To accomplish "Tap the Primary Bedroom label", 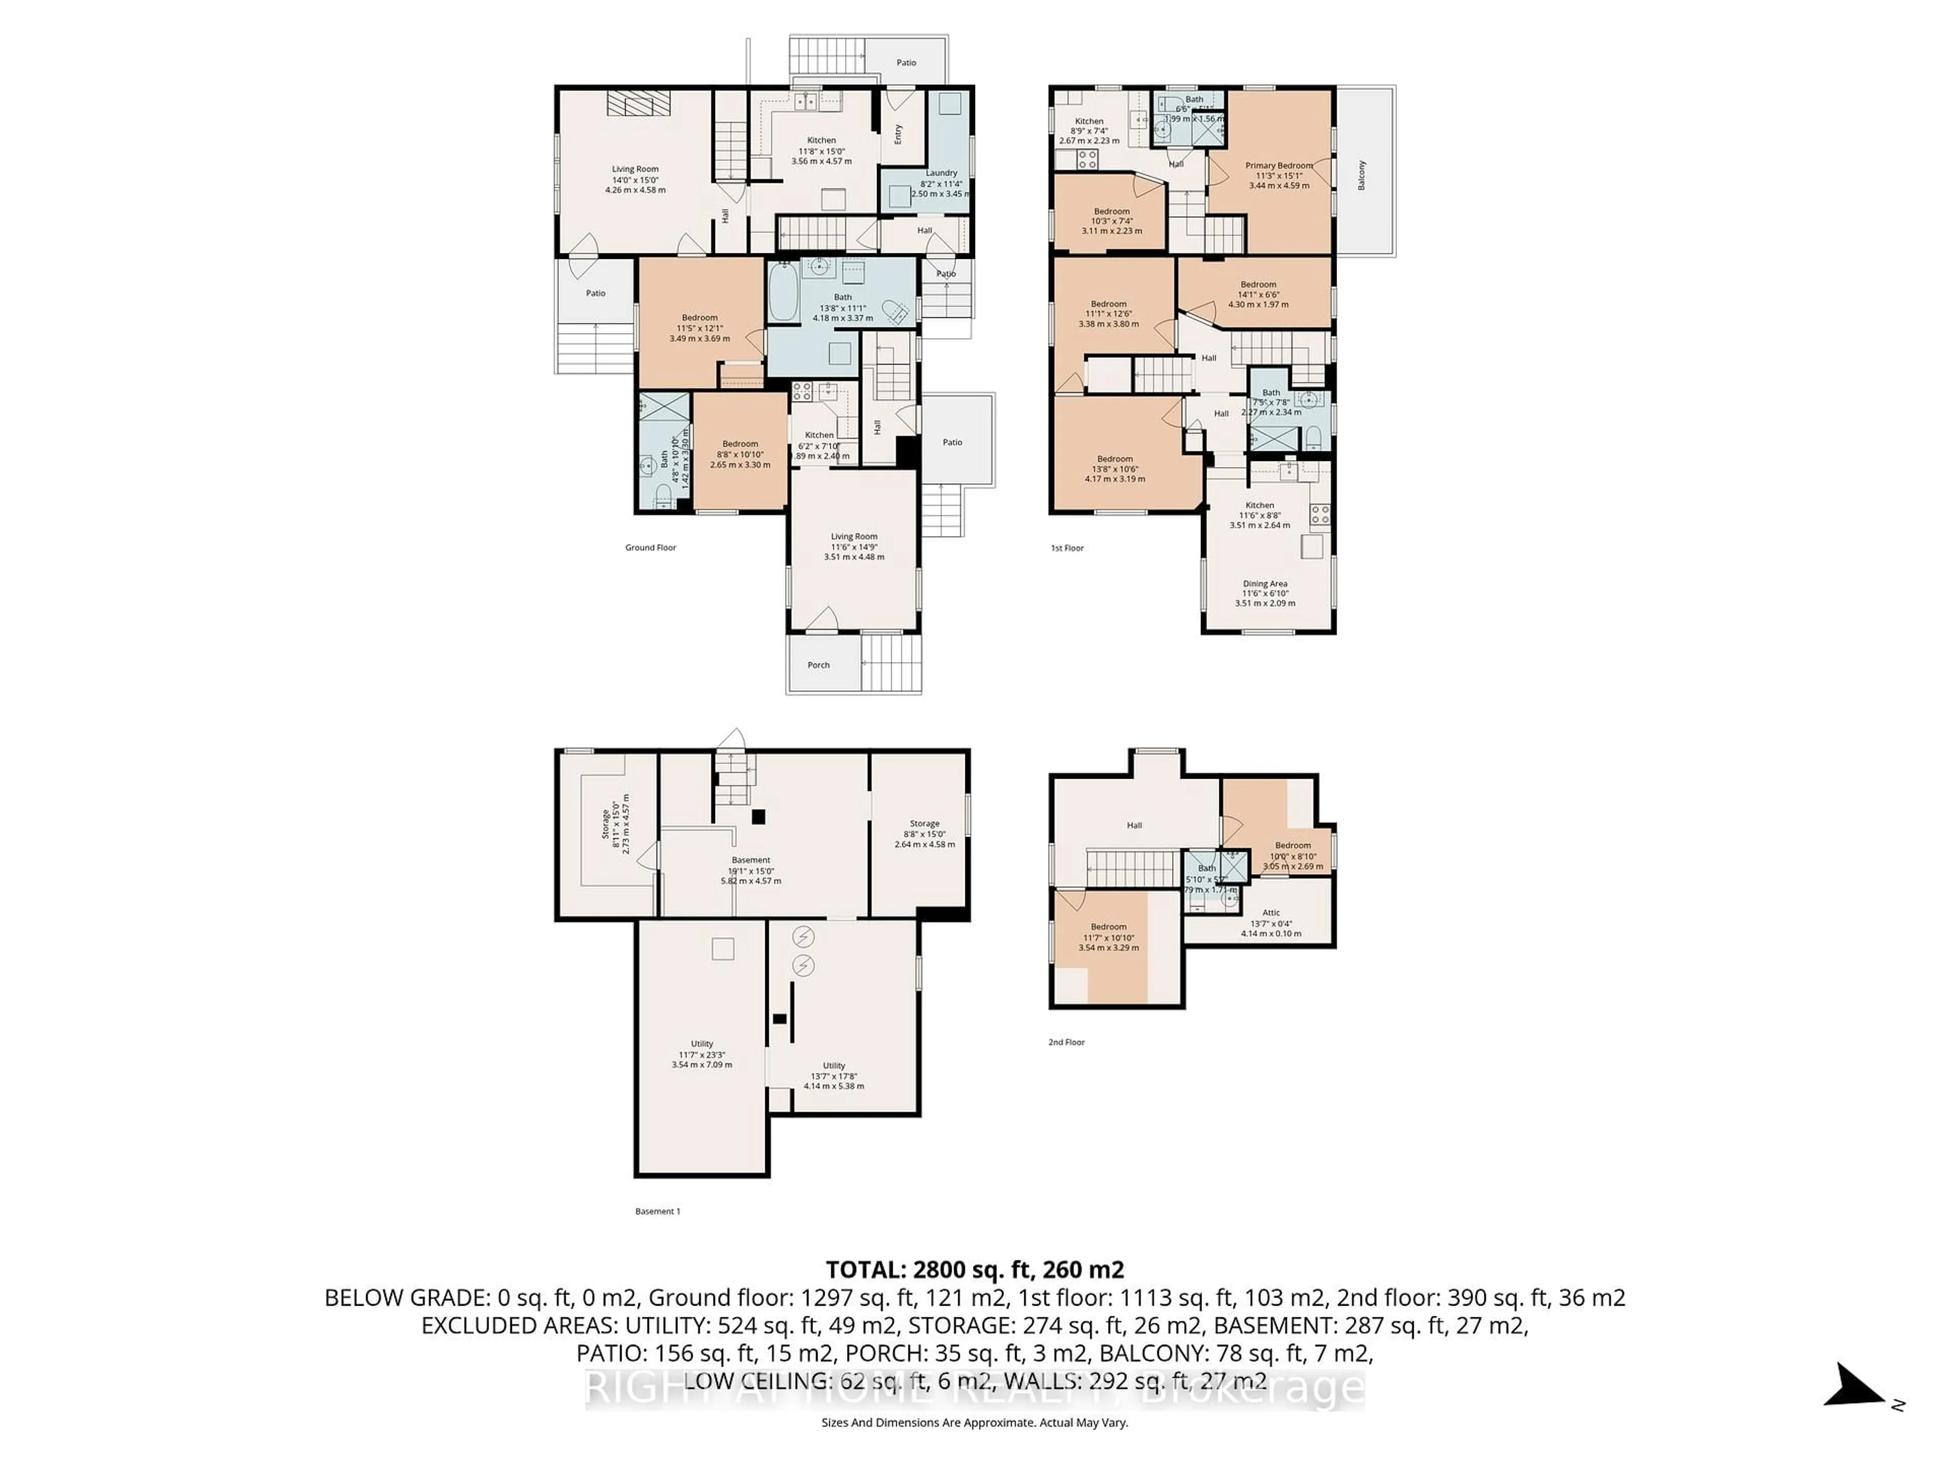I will (1278, 165).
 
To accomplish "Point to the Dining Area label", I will (1265, 583).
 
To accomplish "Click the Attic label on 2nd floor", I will (1271, 913).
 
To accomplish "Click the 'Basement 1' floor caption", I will (658, 1211).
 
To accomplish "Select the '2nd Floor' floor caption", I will (1066, 1042).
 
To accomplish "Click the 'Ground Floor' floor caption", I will (651, 547).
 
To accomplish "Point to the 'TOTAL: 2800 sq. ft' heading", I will (974, 1270).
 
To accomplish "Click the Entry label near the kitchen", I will (898, 134).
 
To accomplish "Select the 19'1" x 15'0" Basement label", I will (751, 860).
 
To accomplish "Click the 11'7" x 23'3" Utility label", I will (702, 1043).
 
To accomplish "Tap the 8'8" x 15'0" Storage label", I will (924, 823).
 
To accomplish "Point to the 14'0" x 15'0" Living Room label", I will (635, 169).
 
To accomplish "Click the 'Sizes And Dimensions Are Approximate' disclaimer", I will (974, 1422).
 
